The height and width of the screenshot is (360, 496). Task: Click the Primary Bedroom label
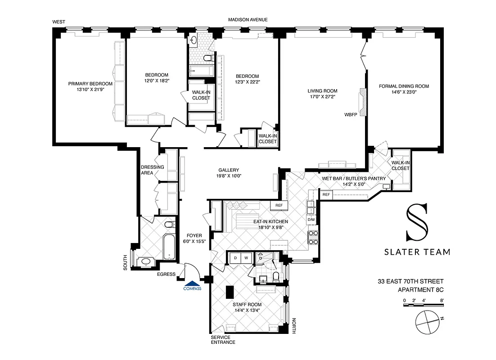(x=90, y=84)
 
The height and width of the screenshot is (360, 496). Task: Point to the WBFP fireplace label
(x=351, y=114)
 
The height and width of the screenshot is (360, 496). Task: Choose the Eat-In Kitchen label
(x=270, y=222)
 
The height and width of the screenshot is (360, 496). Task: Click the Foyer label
(x=194, y=235)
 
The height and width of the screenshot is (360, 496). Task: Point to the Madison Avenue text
(x=248, y=20)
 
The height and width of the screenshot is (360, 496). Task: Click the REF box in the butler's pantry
(x=327, y=194)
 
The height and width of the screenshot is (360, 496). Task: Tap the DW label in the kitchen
(x=311, y=220)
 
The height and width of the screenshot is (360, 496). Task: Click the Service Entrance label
(x=223, y=340)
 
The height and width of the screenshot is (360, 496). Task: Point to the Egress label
(x=167, y=274)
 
